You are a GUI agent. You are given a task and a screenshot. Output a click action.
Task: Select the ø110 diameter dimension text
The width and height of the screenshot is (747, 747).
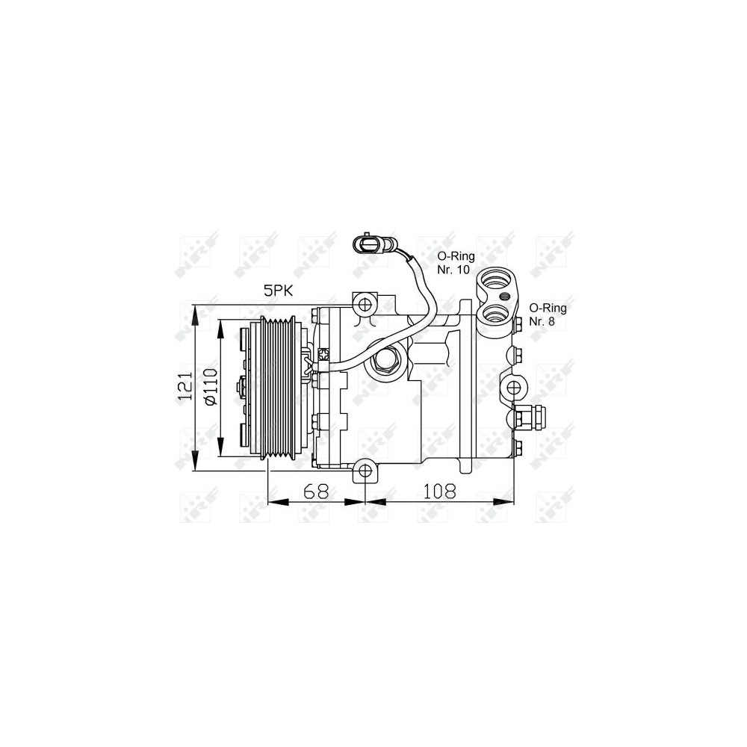[x=211, y=387]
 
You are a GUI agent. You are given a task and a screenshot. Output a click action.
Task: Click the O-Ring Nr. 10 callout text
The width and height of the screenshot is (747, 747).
[x=455, y=262]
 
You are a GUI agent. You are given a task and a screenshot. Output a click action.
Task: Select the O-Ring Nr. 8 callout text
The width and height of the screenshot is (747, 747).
[x=548, y=314]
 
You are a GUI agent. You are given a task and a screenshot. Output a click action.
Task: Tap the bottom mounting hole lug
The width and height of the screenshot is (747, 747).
[x=364, y=471]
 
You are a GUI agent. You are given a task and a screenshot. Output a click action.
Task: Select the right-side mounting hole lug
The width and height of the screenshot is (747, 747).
[x=514, y=387]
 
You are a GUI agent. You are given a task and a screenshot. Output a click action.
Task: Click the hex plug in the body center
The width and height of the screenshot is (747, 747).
[x=387, y=361]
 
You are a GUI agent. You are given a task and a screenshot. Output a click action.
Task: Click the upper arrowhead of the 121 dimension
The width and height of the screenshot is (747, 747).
[x=195, y=313]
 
